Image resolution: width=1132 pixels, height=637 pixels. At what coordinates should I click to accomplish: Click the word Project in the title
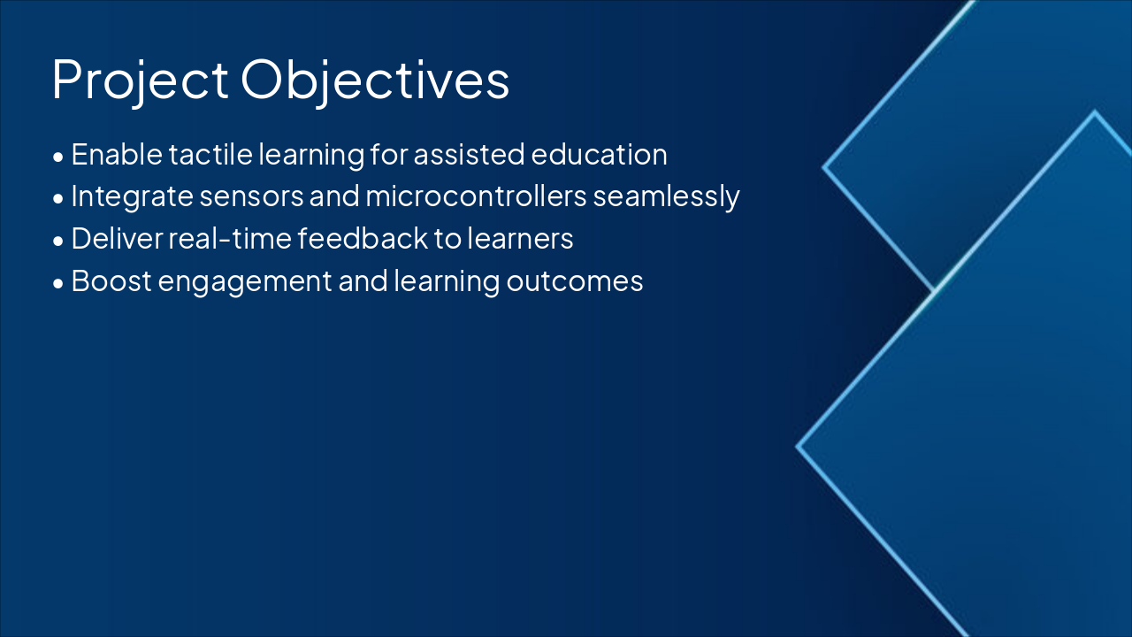pos(140,81)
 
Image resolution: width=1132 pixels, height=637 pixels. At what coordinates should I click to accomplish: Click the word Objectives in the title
pos(375,81)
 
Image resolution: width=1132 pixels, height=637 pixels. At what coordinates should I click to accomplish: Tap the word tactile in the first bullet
pos(210,154)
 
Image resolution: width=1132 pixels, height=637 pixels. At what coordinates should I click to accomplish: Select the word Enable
pos(117,154)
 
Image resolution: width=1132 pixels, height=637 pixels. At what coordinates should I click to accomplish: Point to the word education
pos(599,154)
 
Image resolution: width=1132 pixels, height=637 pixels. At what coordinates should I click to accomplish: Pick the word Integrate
pos(132,197)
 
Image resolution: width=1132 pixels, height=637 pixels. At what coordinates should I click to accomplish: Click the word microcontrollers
pos(476,196)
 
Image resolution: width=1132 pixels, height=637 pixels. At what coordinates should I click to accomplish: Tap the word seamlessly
pos(666,197)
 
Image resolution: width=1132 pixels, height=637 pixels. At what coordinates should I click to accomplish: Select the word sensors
pos(251,197)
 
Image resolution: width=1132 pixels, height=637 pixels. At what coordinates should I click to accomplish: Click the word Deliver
pos(118,238)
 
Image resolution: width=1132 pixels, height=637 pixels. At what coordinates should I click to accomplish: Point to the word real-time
pos(230,238)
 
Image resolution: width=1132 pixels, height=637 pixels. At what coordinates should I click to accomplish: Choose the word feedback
pos(363,238)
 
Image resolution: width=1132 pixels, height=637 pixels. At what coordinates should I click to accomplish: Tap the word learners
pos(520,238)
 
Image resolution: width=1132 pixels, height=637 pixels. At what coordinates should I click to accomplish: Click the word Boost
pos(111,280)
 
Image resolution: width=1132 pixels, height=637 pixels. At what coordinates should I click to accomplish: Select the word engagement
pos(245,282)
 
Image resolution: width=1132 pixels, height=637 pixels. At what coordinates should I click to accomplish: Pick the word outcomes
pos(575,281)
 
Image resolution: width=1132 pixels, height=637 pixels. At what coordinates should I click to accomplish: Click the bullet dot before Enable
pos(58,157)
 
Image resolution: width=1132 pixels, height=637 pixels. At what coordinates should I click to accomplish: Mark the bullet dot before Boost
pos(58,284)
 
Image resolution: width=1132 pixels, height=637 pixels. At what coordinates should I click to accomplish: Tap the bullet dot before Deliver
pos(58,242)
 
